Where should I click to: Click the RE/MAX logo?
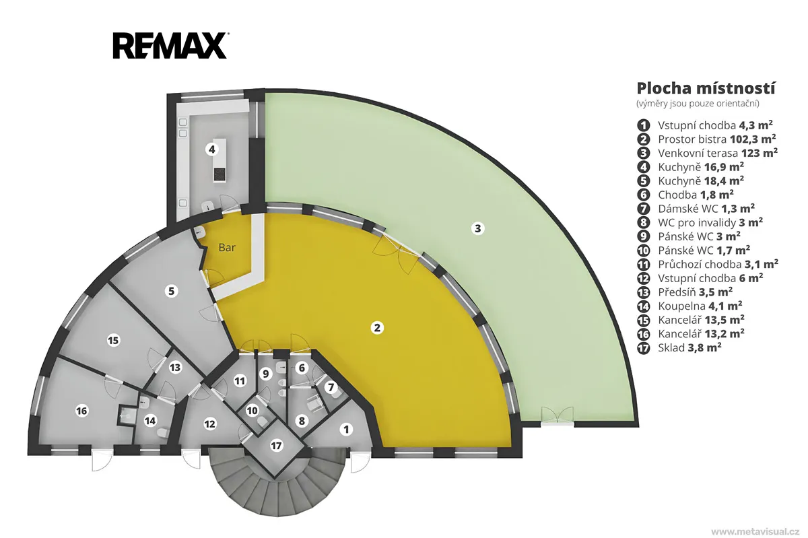coord(170,46)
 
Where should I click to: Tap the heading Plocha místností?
coord(706,89)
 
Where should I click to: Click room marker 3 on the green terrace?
coord(477,228)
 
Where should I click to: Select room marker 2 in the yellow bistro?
coord(377,328)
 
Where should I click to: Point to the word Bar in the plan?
coord(227,248)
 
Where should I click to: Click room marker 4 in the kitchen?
coord(211,149)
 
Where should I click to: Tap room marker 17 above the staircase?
coord(276,446)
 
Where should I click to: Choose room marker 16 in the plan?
coord(81,411)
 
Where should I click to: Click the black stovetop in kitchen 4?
coord(220,174)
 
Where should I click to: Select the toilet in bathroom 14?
coord(163,432)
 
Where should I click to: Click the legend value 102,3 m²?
coord(753,139)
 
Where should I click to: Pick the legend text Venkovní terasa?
coord(698,153)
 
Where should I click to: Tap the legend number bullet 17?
coord(643,348)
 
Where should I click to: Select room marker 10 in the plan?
coord(252,411)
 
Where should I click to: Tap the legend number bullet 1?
coord(643,125)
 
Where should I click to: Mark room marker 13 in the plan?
coord(175,368)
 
